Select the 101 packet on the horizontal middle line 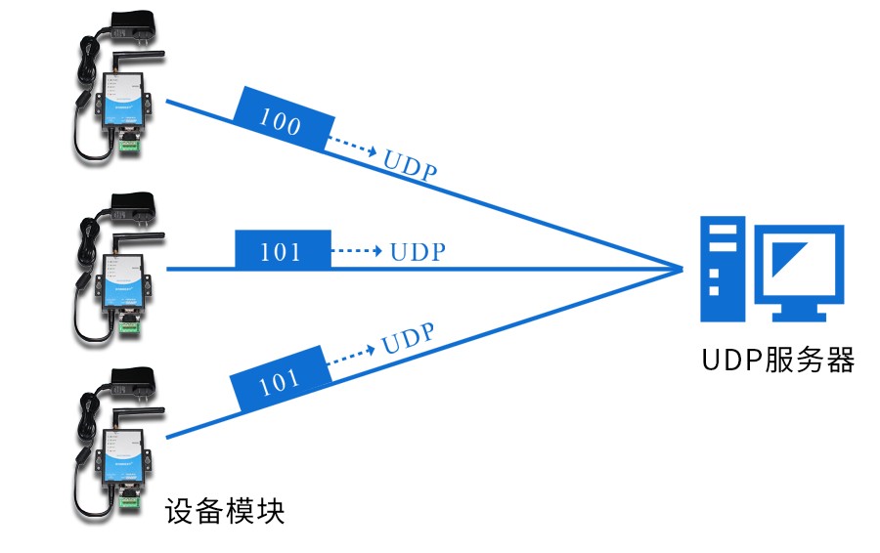(x=282, y=251)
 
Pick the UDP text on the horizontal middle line (x=418, y=252)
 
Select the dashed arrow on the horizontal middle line (x=357, y=251)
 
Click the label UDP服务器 (x=778, y=361)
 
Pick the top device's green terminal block (x=129, y=148)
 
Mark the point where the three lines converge (x=682, y=267)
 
